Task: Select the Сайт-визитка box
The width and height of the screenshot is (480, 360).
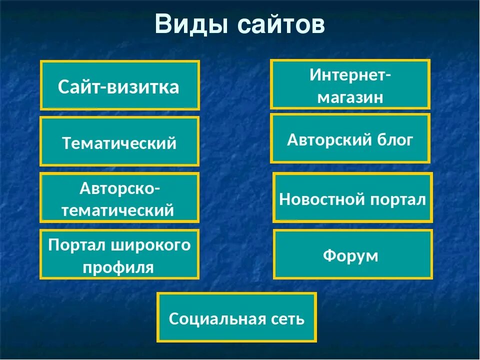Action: [119, 85]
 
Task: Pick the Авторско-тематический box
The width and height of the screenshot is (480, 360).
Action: [119, 197]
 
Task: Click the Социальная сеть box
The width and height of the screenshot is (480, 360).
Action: [236, 317]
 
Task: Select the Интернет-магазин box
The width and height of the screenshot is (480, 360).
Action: [350, 84]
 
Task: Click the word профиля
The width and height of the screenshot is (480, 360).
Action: [118, 267]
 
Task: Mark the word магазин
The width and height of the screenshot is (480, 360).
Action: [350, 97]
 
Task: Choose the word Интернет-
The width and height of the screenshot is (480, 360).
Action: [350, 75]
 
